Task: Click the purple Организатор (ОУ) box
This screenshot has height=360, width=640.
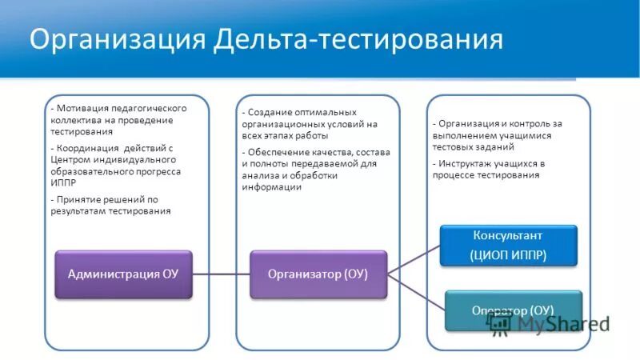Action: pyautogui.click(x=318, y=274)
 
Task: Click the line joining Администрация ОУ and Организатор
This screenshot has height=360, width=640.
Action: pyautogui.click(x=221, y=274)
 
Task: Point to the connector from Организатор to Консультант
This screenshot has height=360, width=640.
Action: pyautogui.click(x=414, y=260)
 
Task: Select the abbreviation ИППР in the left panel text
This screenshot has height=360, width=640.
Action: pyautogui.click(x=63, y=183)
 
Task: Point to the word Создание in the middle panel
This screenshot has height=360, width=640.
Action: pyautogui.click(x=270, y=113)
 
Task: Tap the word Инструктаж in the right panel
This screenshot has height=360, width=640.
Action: pyautogui.click(x=466, y=163)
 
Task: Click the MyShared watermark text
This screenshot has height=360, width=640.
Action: pyautogui.click(x=563, y=324)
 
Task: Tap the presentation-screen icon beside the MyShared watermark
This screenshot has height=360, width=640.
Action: pyautogui.click(x=500, y=323)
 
